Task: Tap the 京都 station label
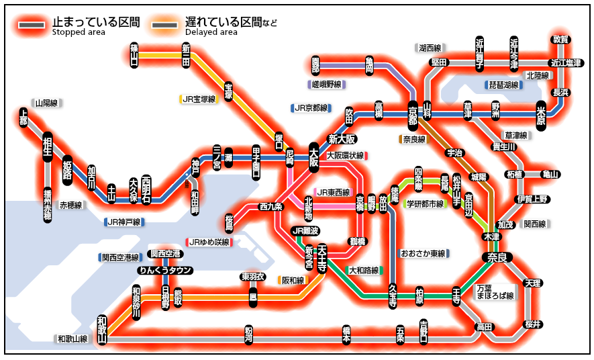click(412, 114)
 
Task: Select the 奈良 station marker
click(497, 257)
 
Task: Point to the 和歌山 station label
click(102, 328)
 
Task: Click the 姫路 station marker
click(67, 171)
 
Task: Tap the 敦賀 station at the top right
click(560, 40)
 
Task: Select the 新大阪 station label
click(341, 139)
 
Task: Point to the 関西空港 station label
click(165, 254)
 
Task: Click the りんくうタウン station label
click(164, 271)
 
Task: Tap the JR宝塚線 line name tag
click(199, 99)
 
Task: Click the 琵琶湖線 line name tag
click(503, 85)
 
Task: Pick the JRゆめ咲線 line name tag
click(209, 242)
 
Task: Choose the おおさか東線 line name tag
click(424, 254)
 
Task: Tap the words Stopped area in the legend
click(78, 32)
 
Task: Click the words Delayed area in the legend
click(211, 32)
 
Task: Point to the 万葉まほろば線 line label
click(495, 291)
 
